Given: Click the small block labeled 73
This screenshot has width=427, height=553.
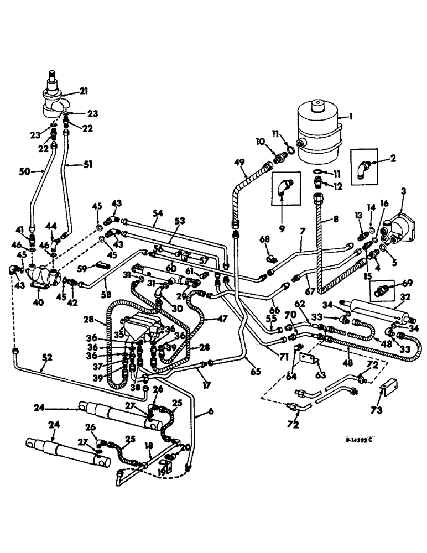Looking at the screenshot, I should [x=388, y=393].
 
